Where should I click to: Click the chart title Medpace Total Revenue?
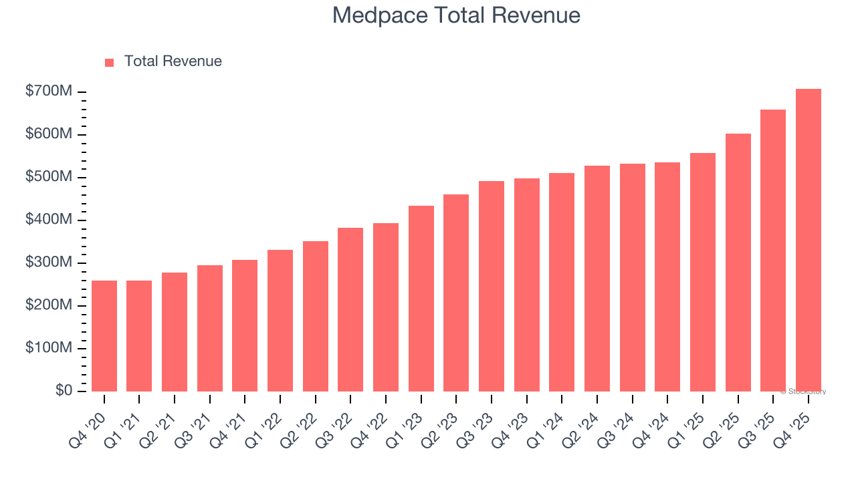(x=456, y=15)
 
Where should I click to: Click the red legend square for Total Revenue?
(x=110, y=62)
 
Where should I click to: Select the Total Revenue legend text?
(x=173, y=61)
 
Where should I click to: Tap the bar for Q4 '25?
(x=808, y=240)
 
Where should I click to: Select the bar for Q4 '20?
(x=104, y=336)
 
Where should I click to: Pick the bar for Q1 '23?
(x=421, y=299)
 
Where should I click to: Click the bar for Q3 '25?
(x=773, y=251)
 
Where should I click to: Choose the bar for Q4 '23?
(x=527, y=285)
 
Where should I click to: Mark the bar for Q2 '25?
(x=738, y=263)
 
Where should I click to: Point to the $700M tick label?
(x=49, y=92)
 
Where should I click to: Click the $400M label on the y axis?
(x=49, y=220)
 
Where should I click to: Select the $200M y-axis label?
(x=49, y=305)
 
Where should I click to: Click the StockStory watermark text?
(x=803, y=391)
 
